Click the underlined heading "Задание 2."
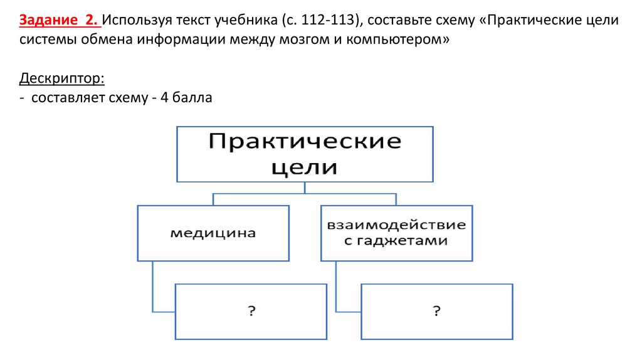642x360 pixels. [59, 20]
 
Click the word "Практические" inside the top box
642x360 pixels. [305, 140]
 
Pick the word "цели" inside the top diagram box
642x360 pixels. [305, 167]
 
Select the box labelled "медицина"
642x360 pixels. [213, 233]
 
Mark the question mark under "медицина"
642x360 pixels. [251, 311]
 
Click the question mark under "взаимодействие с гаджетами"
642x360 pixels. [436, 311]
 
